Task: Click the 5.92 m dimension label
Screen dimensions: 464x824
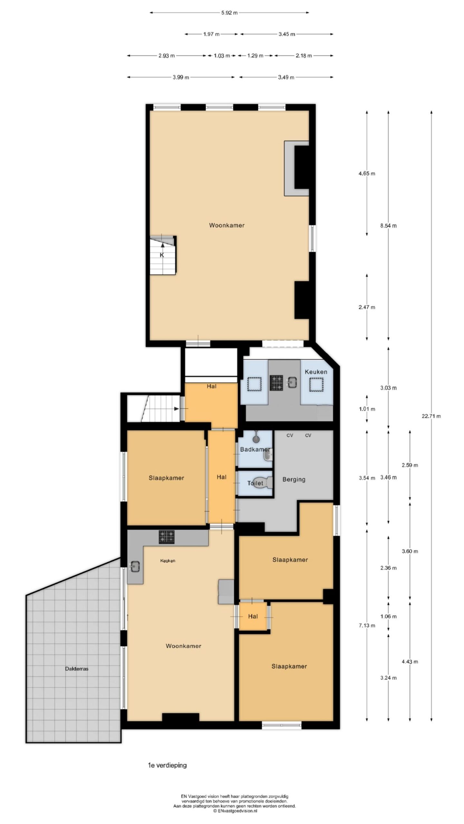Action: (x=229, y=13)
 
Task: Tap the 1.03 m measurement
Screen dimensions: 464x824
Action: (x=222, y=56)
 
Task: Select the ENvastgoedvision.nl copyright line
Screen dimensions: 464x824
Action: (x=235, y=818)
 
